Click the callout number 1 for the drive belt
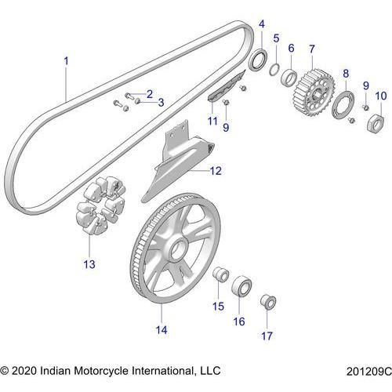[x=66, y=61]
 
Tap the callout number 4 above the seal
[x=262, y=24]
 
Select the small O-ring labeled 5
[x=274, y=70]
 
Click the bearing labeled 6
[x=289, y=77]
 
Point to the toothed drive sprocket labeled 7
[x=313, y=93]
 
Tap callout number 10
[x=381, y=96]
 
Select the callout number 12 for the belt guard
[x=216, y=171]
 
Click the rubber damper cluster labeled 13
[x=100, y=205]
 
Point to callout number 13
[x=89, y=264]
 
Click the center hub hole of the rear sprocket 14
[x=179, y=249]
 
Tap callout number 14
[x=162, y=330]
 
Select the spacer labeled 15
[x=220, y=274]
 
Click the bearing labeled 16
[x=241, y=286]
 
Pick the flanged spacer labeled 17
[x=268, y=302]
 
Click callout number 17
[x=267, y=336]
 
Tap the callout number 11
[x=212, y=121]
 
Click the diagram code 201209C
[x=369, y=372]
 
